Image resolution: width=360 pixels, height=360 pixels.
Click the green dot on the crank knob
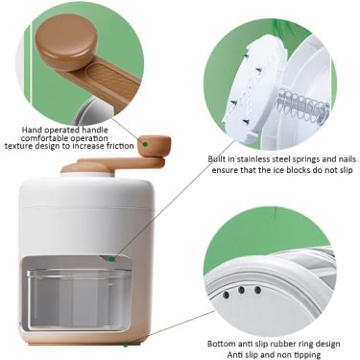pos(145,144)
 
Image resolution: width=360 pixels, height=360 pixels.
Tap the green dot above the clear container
pos(111,259)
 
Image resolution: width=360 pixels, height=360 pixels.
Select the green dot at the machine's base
pos(126,346)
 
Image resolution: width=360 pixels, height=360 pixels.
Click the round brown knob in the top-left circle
pos(66,41)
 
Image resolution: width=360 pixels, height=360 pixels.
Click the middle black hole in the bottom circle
pos(241,290)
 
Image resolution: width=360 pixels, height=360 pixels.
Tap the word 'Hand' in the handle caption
pos(32,131)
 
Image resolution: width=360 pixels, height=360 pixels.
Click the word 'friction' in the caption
pos(118,146)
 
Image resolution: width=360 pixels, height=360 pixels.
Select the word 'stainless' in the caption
pos(251,159)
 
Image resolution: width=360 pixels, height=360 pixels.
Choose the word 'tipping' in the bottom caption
pos(307,355)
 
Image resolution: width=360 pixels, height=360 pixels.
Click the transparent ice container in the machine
pos(79,300)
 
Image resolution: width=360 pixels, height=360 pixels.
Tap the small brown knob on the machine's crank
pos(154,146)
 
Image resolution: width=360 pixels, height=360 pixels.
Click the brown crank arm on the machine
pos(122,163)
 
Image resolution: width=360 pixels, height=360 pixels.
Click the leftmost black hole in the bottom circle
pos(227,295)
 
